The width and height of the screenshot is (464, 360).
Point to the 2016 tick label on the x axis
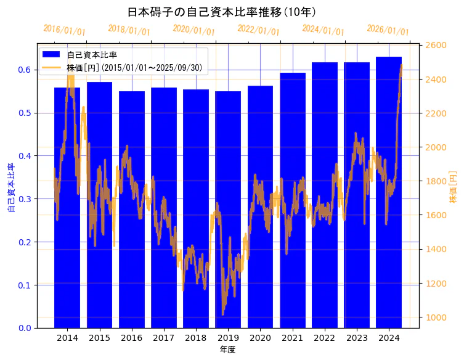tap(131, 338)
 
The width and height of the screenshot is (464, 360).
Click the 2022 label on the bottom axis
tap(325, 338)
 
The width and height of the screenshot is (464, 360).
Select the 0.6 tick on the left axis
tap(25, 70)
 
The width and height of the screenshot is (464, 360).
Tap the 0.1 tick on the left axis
tap(25, 285)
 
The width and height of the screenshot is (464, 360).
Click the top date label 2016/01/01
tap(64, 30)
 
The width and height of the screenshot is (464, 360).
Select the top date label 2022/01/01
tap(258, 30)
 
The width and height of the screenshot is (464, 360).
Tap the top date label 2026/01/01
tap(388, 30)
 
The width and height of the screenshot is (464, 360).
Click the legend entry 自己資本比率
tap(92, 55)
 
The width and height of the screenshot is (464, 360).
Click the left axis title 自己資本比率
tap(10, 188)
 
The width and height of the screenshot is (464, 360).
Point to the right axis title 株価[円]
tap(453, 187)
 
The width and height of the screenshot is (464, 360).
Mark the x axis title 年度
tap(227, 350)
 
